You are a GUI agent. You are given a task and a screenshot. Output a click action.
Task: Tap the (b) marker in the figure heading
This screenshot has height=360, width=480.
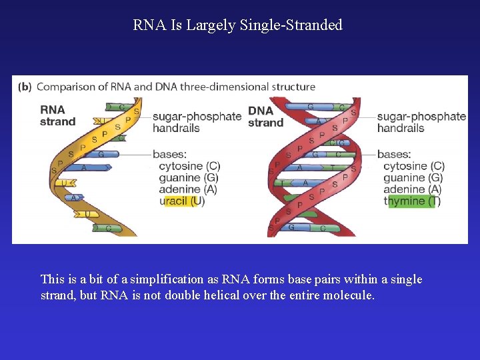(x=24, y=87)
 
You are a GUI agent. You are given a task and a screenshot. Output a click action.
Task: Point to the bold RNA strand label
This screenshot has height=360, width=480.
(x=57, y=116)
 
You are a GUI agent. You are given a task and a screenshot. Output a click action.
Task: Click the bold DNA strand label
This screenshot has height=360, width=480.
(x=265, y=117)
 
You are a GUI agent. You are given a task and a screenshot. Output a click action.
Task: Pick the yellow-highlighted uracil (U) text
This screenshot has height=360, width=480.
(x=182, y=201)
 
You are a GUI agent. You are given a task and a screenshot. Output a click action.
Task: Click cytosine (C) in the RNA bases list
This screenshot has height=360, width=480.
(x=189, y=166)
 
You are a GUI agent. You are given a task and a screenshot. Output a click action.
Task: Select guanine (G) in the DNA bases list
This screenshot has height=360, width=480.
(x=413, y=178)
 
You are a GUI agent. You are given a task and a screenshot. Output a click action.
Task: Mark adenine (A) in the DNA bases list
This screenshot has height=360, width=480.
(x=413, y=189)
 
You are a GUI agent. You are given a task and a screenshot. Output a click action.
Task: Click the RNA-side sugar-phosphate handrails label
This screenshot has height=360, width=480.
(x=197, y=122)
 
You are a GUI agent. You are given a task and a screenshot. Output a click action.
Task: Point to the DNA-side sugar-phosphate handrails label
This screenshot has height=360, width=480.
(x=421, y=122)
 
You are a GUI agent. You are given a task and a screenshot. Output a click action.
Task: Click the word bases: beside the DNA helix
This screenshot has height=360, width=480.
(x=394, y=154)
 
